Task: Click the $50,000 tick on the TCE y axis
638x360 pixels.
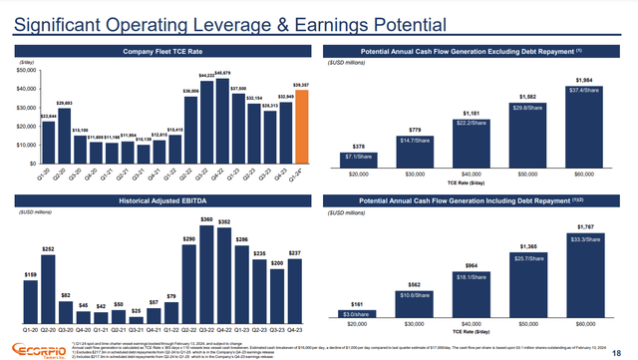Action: pos(27,71)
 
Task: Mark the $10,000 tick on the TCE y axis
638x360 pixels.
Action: pos(27,146)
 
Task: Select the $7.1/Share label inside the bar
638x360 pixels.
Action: pos(357,156)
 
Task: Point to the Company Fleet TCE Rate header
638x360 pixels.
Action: pos(160,50)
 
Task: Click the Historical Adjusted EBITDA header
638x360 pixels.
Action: pos(160,200)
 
